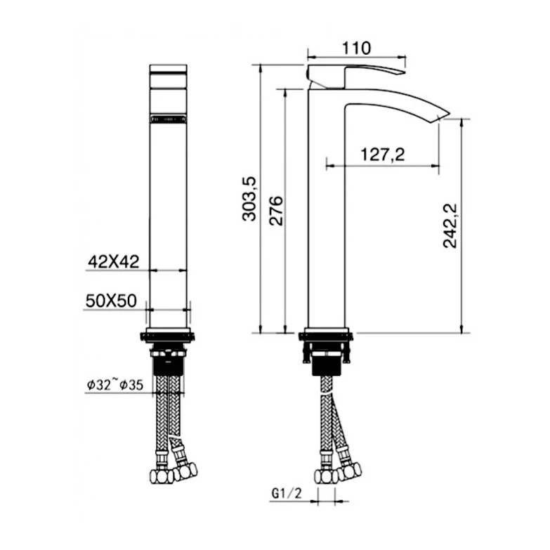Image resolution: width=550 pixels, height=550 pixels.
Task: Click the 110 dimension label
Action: [x=356, y=48]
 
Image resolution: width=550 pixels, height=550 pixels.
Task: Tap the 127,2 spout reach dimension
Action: [x=383, y=155]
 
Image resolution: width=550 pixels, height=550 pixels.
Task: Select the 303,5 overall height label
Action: [x=249, y=199]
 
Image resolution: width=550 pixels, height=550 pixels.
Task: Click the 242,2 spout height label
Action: [x=450, y=226]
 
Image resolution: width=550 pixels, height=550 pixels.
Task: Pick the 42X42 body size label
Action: [x=113, y=261]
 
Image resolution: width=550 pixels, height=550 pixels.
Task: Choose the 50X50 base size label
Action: [x=111, y=301]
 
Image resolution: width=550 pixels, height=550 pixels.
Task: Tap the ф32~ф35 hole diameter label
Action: [x=115, y=384]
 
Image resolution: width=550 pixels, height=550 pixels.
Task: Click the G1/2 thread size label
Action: [x=287, y=494]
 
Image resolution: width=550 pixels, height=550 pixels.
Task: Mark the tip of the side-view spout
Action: [x=450, y=113]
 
